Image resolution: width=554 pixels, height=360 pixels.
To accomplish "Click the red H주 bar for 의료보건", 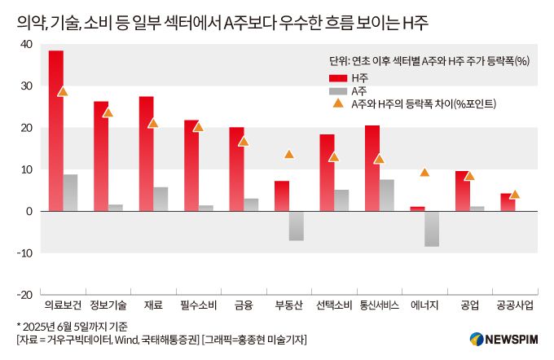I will [x=56, y=130].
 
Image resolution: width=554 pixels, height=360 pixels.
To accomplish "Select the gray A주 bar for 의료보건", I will [x=71, y=193].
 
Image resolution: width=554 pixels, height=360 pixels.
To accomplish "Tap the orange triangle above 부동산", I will [x=289, y=154].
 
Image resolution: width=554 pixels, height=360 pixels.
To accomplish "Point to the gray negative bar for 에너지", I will [x=432, y=229].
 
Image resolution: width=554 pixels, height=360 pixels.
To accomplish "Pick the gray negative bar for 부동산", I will [x=297, y=226].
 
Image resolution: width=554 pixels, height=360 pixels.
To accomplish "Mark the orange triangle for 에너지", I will [x=424, y=172].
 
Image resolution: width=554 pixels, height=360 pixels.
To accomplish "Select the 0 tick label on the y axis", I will [x=29, y=212].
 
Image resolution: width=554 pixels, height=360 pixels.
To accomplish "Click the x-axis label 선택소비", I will [x=333, y=306].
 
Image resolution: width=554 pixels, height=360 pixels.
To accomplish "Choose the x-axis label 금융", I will [x=243, y=306].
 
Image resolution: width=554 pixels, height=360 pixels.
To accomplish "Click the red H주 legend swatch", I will [x=338, y=77].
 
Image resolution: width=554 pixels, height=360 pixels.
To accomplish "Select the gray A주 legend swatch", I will [x=338, y=90].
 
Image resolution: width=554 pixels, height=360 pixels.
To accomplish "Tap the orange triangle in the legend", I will [x=338, y=104].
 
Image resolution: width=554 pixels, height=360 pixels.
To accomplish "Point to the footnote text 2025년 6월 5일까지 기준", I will [x=70, y=325].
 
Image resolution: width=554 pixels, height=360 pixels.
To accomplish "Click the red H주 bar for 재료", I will [x=146, y=154].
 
